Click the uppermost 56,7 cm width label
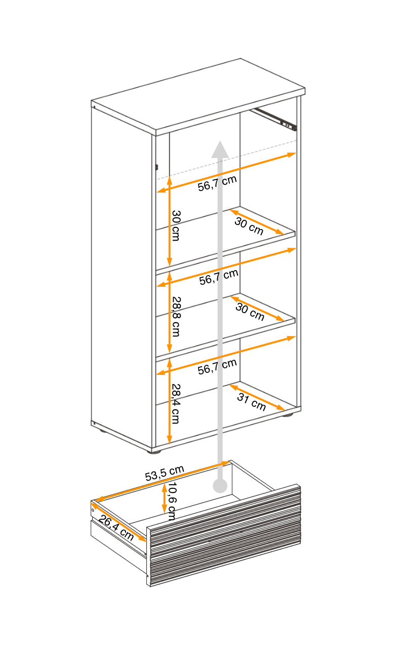(217, 183)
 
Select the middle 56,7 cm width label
(218, 277)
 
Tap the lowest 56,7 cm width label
(217, 366)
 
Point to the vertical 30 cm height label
(175, 225)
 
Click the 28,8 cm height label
(176, 317)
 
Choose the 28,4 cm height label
(175, 403)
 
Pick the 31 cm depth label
(252, 402)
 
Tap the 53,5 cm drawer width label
(165, 473)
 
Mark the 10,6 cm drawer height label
(172, 502)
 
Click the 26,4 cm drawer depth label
(116, 527)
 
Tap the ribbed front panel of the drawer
(223, 537)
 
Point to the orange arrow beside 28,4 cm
(169, 400)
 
